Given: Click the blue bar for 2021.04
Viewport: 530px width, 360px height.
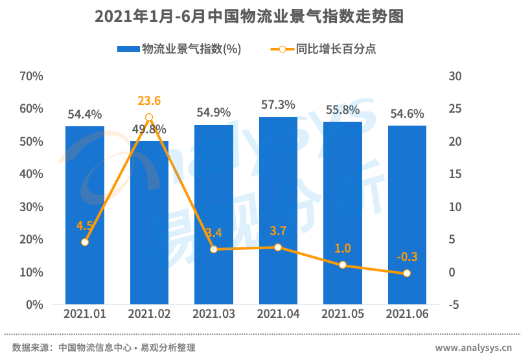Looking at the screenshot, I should (278, 210).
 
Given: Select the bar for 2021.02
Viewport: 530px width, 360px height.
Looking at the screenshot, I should (149, 223).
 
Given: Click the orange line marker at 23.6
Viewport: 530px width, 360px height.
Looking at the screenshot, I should (149, 117).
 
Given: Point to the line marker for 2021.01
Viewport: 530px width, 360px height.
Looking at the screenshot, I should (85, 242).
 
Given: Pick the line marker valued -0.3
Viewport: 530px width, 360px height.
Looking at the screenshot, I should (407, 273).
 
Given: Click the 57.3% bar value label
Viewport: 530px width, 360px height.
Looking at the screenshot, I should (278, 105).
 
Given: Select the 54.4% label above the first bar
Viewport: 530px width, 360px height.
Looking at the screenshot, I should (85, 115).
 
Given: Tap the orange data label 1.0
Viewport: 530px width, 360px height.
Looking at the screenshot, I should (343, 249).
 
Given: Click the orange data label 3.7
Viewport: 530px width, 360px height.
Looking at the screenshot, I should (278, 231).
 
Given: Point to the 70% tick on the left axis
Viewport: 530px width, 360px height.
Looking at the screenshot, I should (31, 76).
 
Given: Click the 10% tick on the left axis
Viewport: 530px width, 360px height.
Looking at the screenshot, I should (31, 272).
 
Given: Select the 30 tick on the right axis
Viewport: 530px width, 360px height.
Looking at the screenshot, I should (455, 76).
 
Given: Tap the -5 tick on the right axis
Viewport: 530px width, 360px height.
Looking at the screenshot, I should (455, 304).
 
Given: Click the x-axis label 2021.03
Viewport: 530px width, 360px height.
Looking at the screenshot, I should (214, 314).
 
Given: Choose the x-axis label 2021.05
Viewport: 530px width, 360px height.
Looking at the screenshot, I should (343, 314).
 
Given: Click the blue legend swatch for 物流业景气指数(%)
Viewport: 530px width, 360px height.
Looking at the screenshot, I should (128, 49).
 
